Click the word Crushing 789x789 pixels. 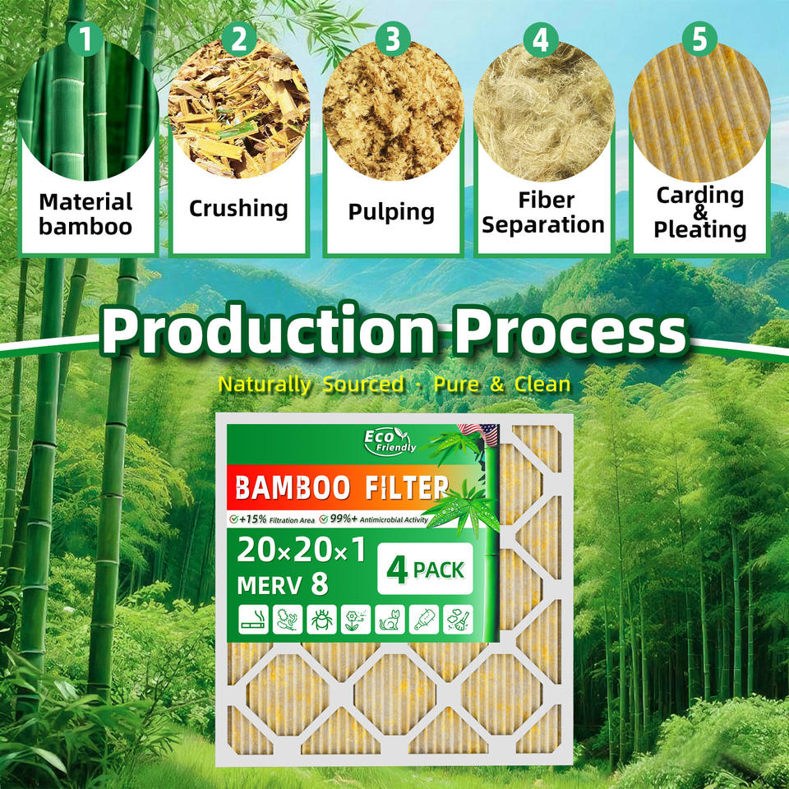pyautogui.click(x=238, y=208)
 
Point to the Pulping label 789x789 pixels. pyautogui.click(x=391, y=211)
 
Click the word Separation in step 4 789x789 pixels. pyautogui.click(x=543, y=224)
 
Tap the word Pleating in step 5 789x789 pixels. pyautogui.click(x=700, y=228)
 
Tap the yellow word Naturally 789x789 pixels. pyautogui.click(x=265, y=384)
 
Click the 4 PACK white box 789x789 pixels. pyautogui.click(x=425, y=570)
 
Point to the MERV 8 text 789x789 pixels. pyautogui.click(x=282, y=584)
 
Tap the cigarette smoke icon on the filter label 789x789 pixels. pyautogui.click(x=251, y=621)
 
